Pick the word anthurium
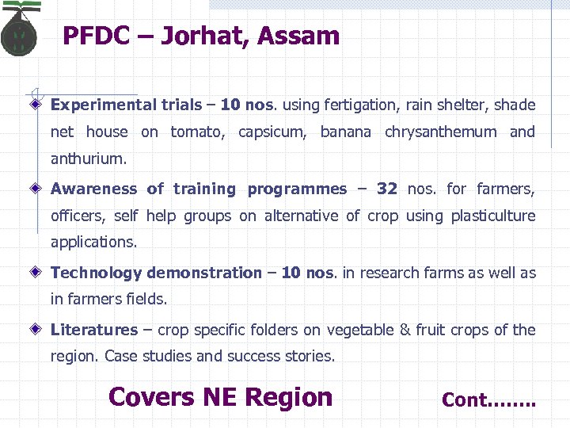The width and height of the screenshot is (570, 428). [x=88, y=159]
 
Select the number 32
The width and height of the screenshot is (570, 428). [x=386, y=189]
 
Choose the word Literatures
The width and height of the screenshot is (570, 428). [x=94, y=330]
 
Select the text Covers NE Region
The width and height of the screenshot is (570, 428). [x=220, y=396]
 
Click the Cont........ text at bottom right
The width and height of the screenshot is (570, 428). [x=488, y=400]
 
